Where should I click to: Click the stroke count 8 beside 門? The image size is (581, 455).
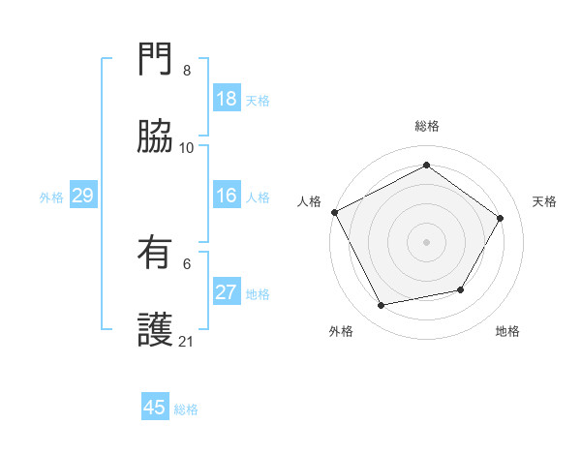(x=187, y=71)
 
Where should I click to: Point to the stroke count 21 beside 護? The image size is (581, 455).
(x=187, y=341)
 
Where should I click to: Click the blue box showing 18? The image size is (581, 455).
(x=227, y=99)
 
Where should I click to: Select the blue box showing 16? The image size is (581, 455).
(x=227, y=196)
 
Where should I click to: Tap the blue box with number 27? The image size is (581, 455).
(x=227, y=292)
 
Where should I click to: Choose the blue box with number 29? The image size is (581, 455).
(x=82, y=196)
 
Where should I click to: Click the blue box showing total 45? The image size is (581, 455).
(x=155, y=408)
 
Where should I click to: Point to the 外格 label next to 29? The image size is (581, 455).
(x=51, y=197)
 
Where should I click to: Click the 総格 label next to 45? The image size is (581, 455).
(x=186, y=409)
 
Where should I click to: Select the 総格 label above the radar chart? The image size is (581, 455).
(x=426, y=126)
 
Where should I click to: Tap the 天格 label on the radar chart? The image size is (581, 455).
(x=544, y=201)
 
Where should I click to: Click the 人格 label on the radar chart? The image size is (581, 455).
(x=309, y=201)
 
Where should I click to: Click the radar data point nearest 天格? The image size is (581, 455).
(x=500, y=218)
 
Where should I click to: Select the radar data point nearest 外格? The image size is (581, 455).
(x=382, y=305)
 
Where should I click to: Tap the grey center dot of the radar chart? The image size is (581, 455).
(x=426, y=241)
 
